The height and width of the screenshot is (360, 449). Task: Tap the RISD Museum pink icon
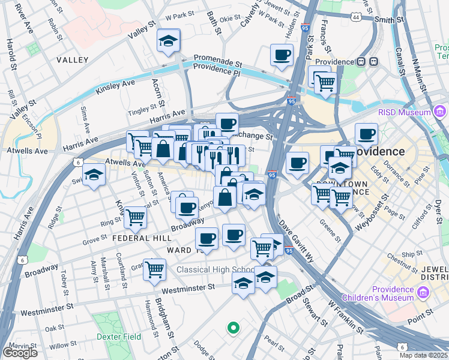441,111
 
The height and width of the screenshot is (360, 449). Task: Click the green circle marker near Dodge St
233,328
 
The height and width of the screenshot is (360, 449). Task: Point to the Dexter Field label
119,337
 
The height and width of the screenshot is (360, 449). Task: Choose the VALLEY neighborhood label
73,60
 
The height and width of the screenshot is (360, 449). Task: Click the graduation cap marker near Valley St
169,41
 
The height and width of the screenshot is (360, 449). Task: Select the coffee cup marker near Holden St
281,56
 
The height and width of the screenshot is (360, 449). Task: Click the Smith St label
388,19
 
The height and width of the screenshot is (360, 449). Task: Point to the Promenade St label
217,62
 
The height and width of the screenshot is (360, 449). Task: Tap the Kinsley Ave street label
115,90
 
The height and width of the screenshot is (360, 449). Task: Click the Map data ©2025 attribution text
423,355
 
